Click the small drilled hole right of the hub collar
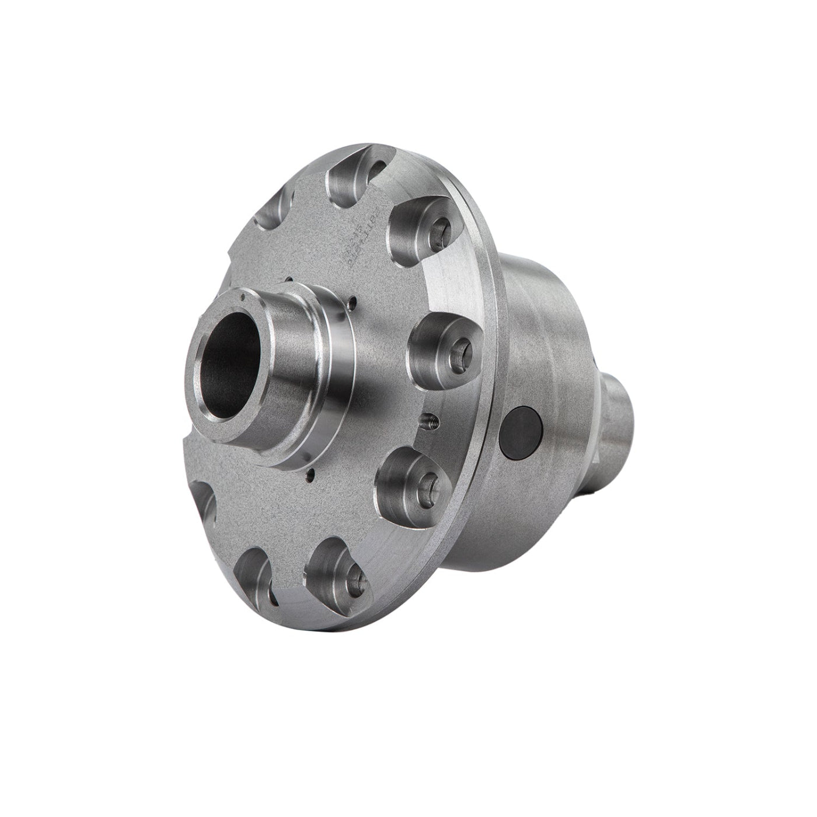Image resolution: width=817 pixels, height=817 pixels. [352, 302]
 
